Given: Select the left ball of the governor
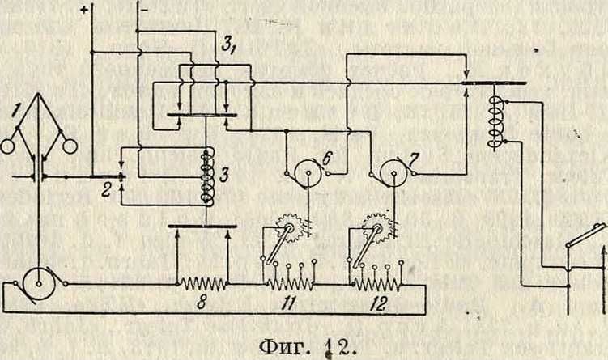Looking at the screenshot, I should click(x=10, y=147).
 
